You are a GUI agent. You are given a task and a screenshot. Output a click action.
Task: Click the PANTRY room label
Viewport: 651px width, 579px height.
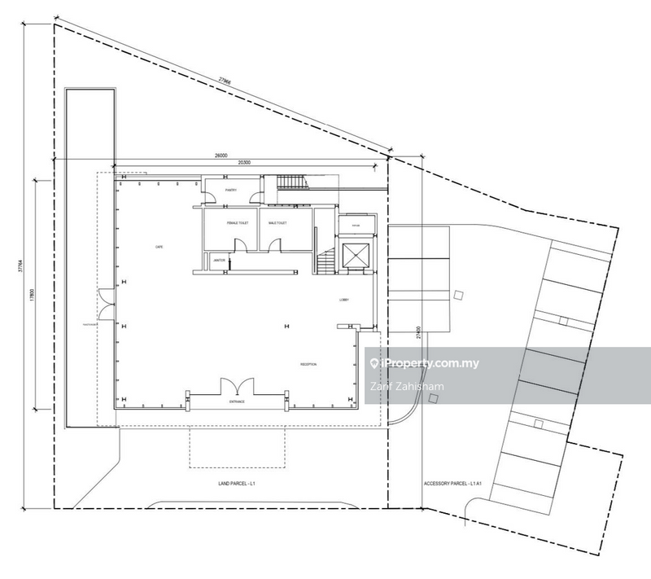pos(230,192)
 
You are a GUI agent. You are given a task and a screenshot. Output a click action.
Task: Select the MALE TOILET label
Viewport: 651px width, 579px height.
pos(277,222)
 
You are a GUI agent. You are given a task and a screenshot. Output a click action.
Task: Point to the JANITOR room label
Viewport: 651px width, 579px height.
pos(218,261)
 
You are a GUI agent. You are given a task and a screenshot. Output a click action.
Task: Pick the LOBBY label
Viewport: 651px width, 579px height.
pos(344,300)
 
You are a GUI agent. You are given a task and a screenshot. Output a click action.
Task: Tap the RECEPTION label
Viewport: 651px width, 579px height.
pos(308,364)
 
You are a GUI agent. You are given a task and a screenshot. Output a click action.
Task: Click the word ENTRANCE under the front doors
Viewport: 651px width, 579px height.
pos(237,402)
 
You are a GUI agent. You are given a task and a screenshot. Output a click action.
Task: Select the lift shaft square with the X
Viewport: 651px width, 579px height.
pos(356,255)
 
